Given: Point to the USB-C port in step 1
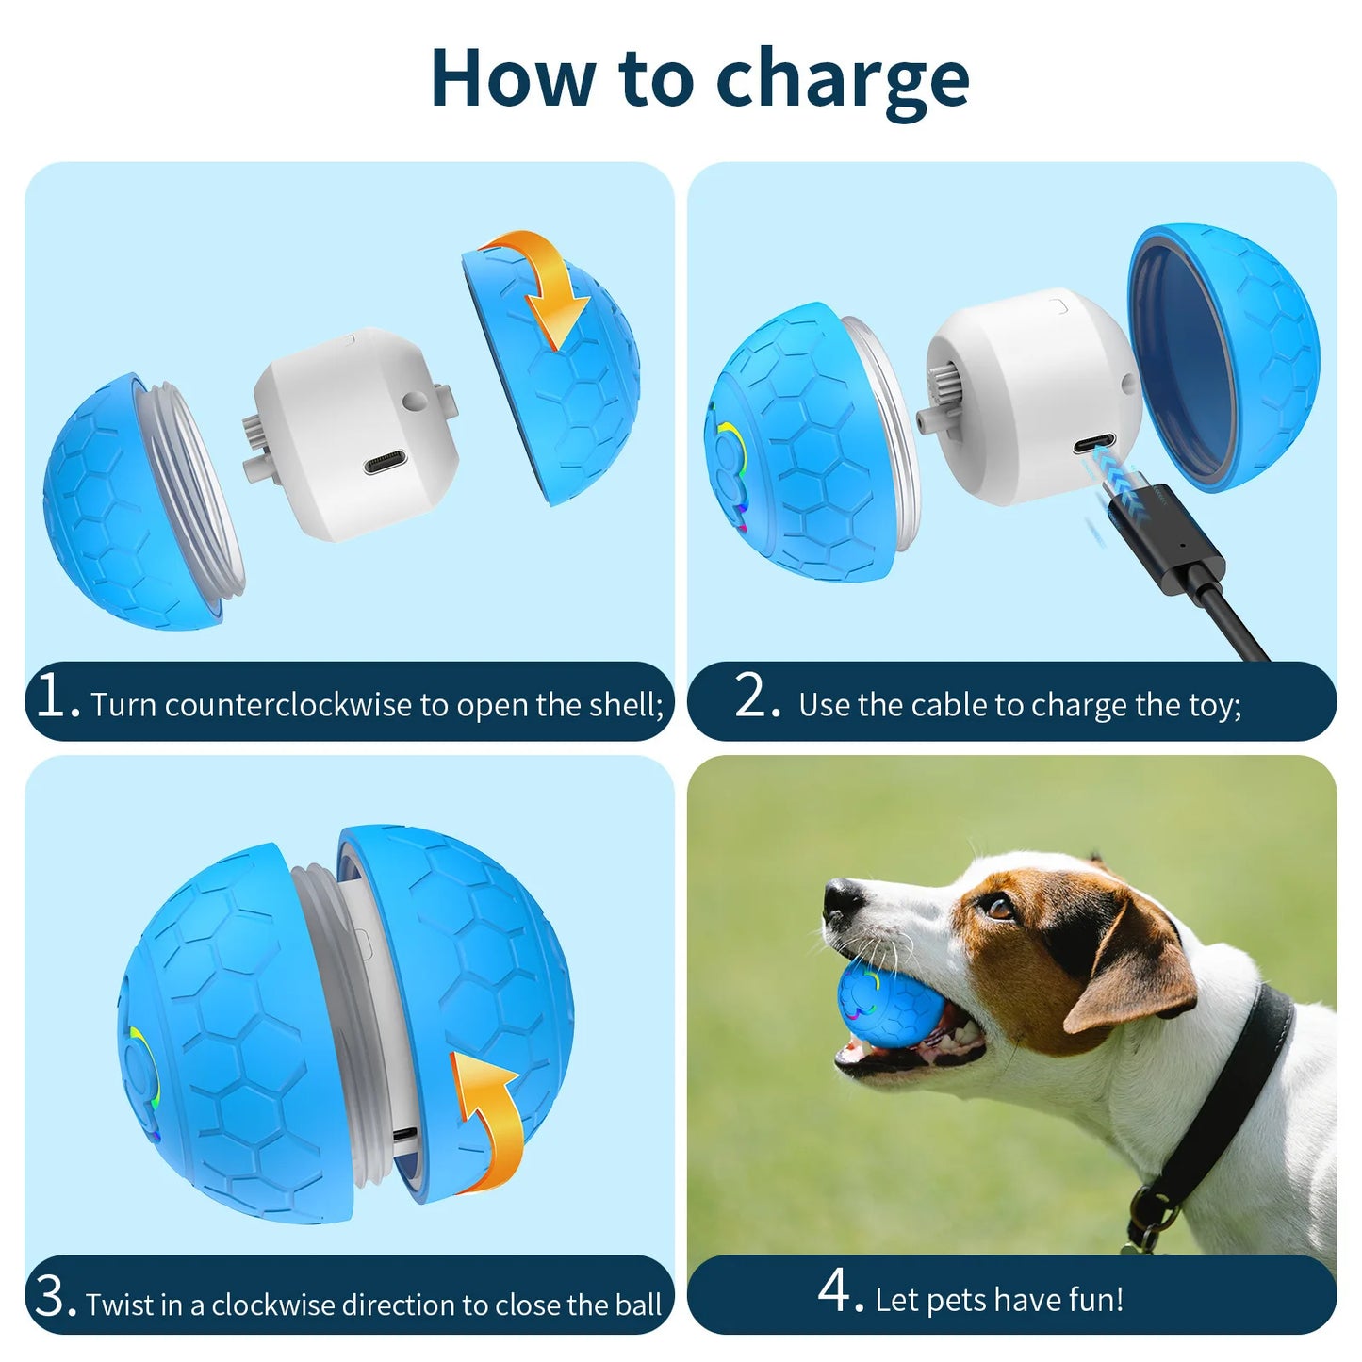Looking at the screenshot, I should click(x=393, y=464).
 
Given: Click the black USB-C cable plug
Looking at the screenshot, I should click(x=1169, y=537).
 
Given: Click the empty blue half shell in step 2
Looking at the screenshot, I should click(x=1225, y=358).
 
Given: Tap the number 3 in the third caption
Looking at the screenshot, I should click(x=52, y=1298).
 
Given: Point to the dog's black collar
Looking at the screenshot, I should click(x=1225, y=1103).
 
